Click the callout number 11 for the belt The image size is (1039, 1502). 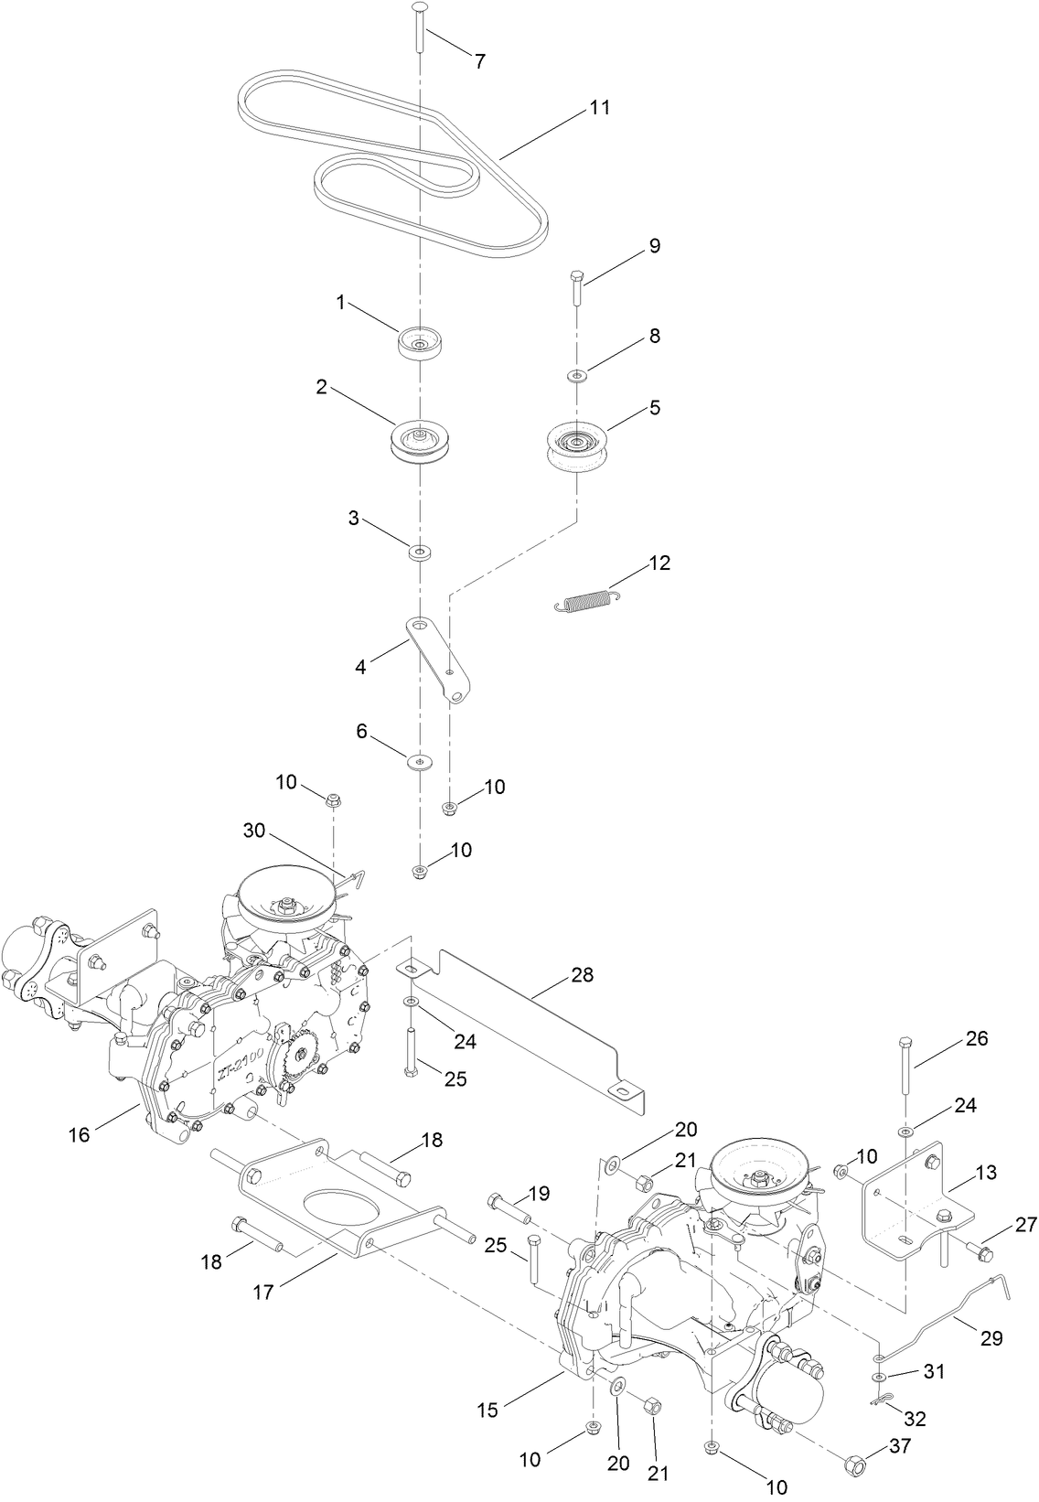(598, 107)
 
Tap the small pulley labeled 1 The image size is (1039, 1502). (420, 344)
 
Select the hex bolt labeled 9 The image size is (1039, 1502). (576, 289)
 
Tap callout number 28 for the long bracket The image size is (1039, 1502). (582, 975)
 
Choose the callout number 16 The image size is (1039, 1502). (80, 1134)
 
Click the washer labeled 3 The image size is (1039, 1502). (420, 553)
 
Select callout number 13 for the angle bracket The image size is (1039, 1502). (986, 1173)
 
